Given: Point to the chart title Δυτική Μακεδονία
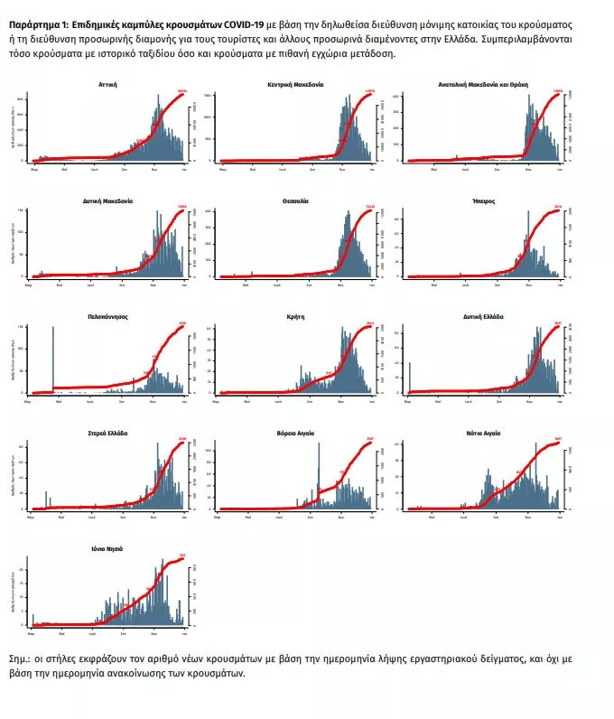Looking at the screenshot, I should pyautogui.click(x=108, y=201).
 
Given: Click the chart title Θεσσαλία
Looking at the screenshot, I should pyautogui.click(x=295, y=201).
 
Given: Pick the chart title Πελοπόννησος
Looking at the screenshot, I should pyautogui.click(x=108, y=317).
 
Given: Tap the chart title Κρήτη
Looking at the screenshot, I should pyautogui.click(x=295, y=317).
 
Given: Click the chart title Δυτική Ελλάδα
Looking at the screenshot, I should pyautogui.click(x=483, y=317).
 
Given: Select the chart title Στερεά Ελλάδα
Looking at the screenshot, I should pyautogui.click(x=108, y=434).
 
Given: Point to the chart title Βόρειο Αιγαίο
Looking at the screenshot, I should pyautogui.click(x=295, y=434).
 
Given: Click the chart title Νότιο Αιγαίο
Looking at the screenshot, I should pyautogui.click(x=483, y=434).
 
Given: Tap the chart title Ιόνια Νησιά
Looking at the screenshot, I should pyautogui.click(x=108, y=549).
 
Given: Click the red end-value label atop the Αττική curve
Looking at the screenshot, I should pyautogui.click(x=181, y=91).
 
